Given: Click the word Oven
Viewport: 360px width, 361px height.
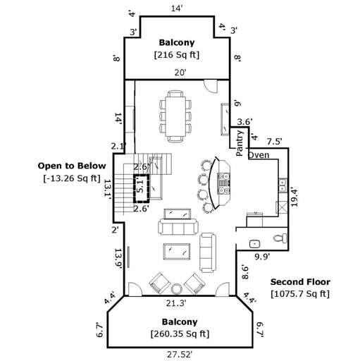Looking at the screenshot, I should pyautogui.click(x=258, y=154).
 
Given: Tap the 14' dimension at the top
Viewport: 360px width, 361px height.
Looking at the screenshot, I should pyautogui.click(x=177, y=8).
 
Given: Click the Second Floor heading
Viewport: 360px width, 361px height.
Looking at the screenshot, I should pyautogui.click(x=300, y=282).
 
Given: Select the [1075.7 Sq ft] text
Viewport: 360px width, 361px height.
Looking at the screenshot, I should pyautogui.click(x=300, y=294).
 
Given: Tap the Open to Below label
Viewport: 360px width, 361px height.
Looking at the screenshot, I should pyautogui.click(x=71, y=166).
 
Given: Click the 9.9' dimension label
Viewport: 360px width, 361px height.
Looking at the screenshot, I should pyautogui.click(x=263, y=256).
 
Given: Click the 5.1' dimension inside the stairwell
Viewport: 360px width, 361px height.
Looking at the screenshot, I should pyautogui.click(x=139, y=188).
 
